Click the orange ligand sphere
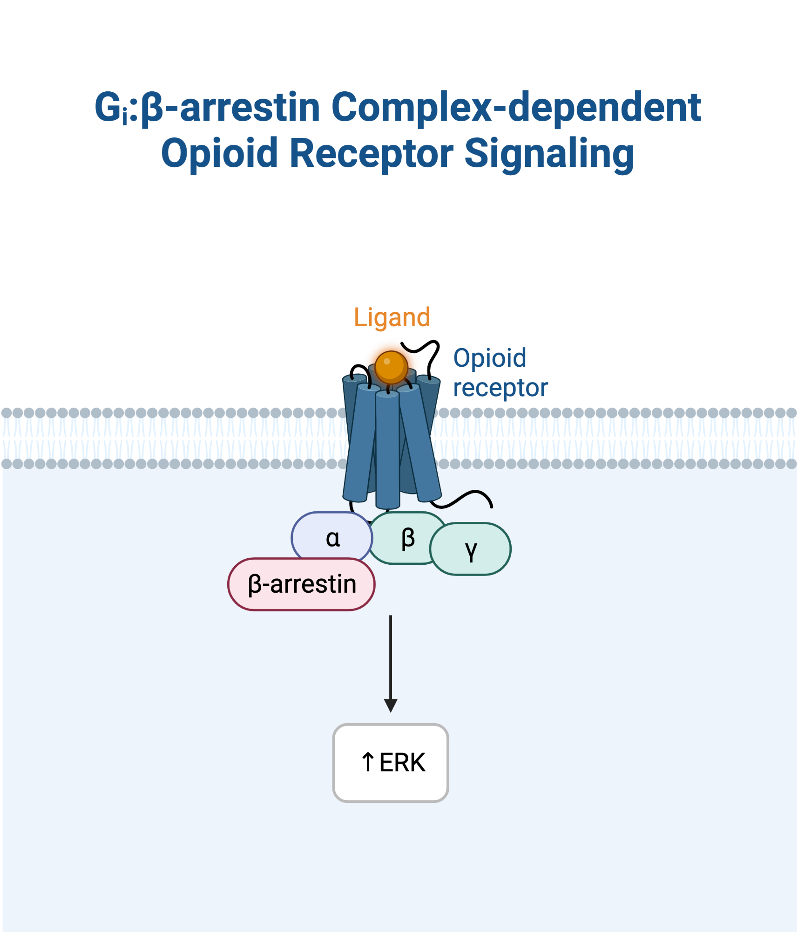[x=391, y=367]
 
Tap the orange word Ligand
[x=392, y=318]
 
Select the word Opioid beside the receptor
[x=490, y=358]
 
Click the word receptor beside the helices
[x=500, y=388]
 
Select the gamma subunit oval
[x=470, y=549]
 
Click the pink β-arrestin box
[x=301, y=584]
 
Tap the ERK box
[x=391, y=762]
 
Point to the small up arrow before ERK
[x=368, y=762]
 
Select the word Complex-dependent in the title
[x=516, y=108]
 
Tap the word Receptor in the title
[x=371, y=154]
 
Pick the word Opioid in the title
[x=219, y=154]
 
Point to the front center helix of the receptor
[x=387, y=450]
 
